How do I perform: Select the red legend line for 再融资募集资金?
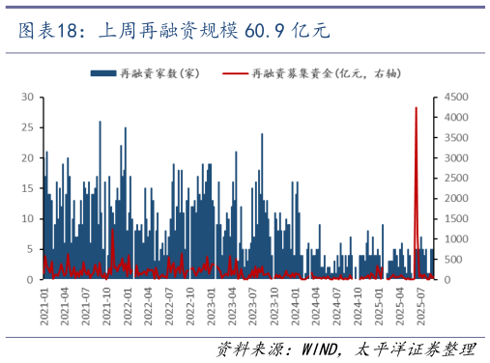point(235,73)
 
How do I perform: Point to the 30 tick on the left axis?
point(28,98)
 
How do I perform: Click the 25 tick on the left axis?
point(28,127)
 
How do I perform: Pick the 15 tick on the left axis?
point(28,188)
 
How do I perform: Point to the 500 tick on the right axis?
point(454,259)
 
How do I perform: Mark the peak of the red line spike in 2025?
point(417,108)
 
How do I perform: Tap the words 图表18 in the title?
point(46,32)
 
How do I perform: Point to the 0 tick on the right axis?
point(448,279)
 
